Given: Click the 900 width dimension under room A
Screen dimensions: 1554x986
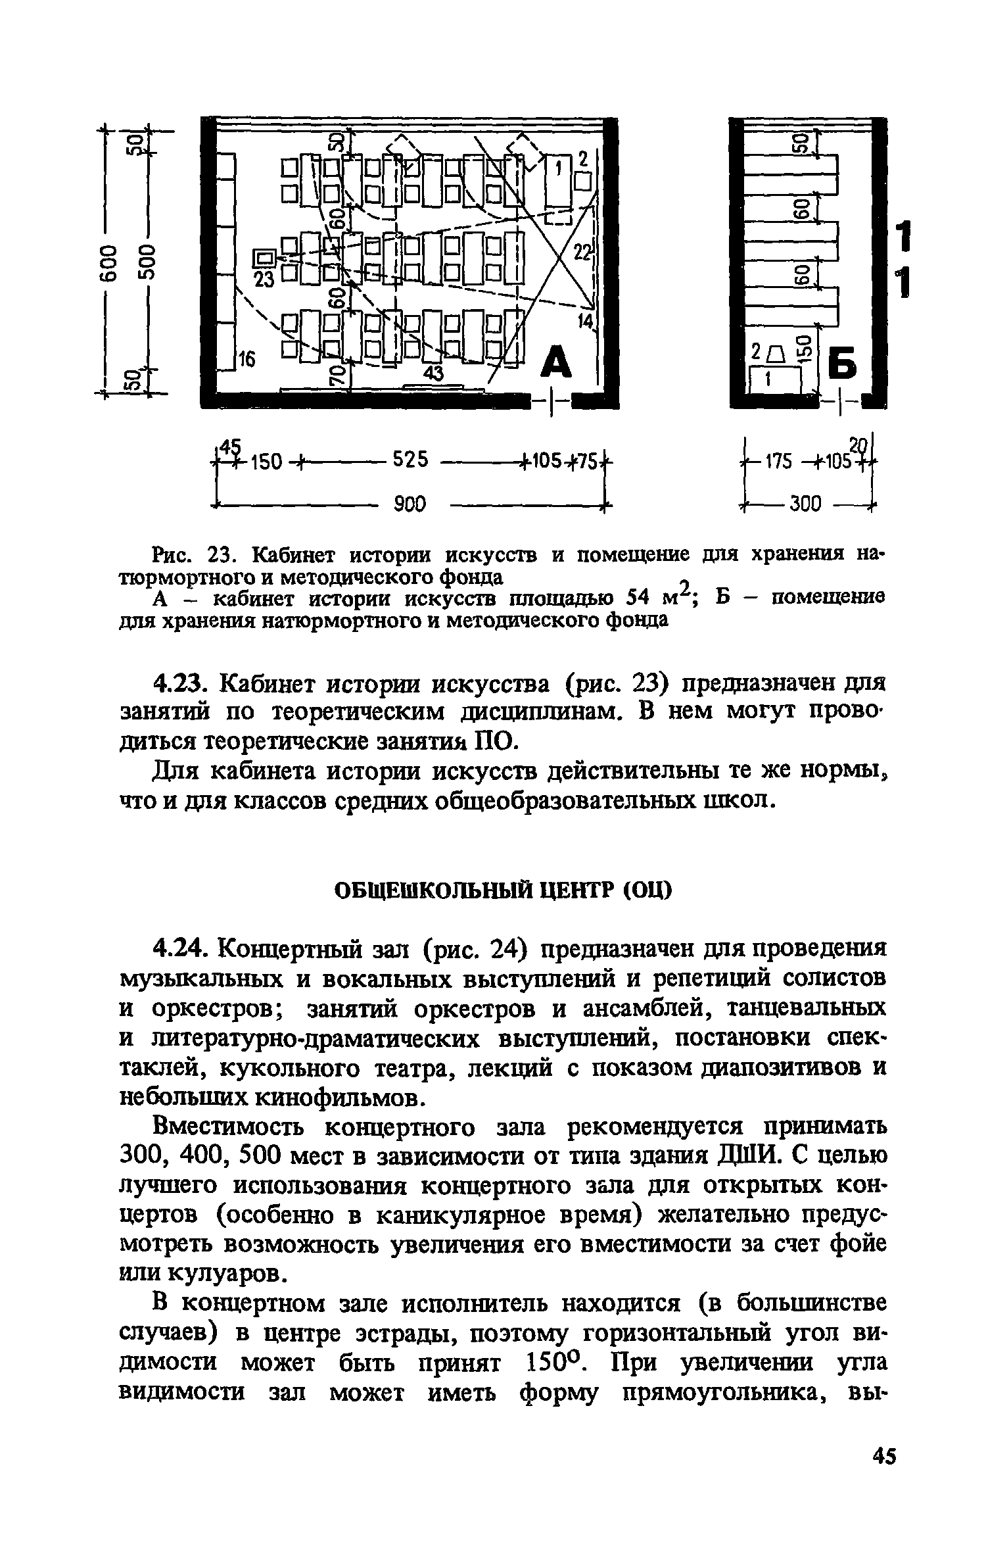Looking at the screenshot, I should [x=410, y=504].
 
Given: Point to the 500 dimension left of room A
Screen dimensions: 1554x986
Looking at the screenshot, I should [x=147, y=261].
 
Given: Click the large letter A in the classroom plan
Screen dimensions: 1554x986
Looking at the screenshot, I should [x=557, y=362].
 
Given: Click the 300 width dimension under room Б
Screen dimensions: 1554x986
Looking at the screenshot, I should [x=805, y=504].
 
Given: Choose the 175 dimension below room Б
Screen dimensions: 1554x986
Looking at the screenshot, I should [x=778, y=462].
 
